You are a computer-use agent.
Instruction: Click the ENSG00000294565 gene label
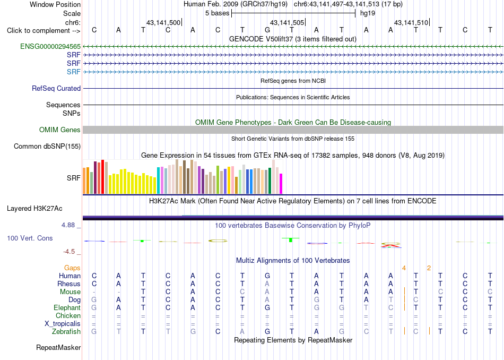[50, 47]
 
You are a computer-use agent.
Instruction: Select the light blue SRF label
[74, 72]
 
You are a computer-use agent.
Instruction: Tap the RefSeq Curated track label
[56, 89]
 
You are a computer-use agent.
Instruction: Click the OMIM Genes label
[60, 130]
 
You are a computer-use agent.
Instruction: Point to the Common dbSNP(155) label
[47, 147]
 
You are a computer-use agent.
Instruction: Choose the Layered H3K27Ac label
[34, 209]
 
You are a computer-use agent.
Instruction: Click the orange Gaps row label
[72, 268]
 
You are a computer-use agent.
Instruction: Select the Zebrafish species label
[66, 332]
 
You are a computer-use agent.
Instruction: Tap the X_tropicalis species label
[63, 324]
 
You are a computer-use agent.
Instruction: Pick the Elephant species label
[67, 308]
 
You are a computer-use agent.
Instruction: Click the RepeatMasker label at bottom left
[58, 347]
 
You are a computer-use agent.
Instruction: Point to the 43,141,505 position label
[286, 22]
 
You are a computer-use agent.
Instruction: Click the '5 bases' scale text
[218, 13]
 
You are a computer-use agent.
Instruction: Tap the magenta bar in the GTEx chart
[281, 184]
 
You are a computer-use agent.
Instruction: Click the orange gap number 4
[404, 268]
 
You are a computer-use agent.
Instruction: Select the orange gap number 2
[429, 268]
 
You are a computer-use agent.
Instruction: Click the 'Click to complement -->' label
[44, 31]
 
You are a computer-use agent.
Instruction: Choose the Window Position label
[55, 4]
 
